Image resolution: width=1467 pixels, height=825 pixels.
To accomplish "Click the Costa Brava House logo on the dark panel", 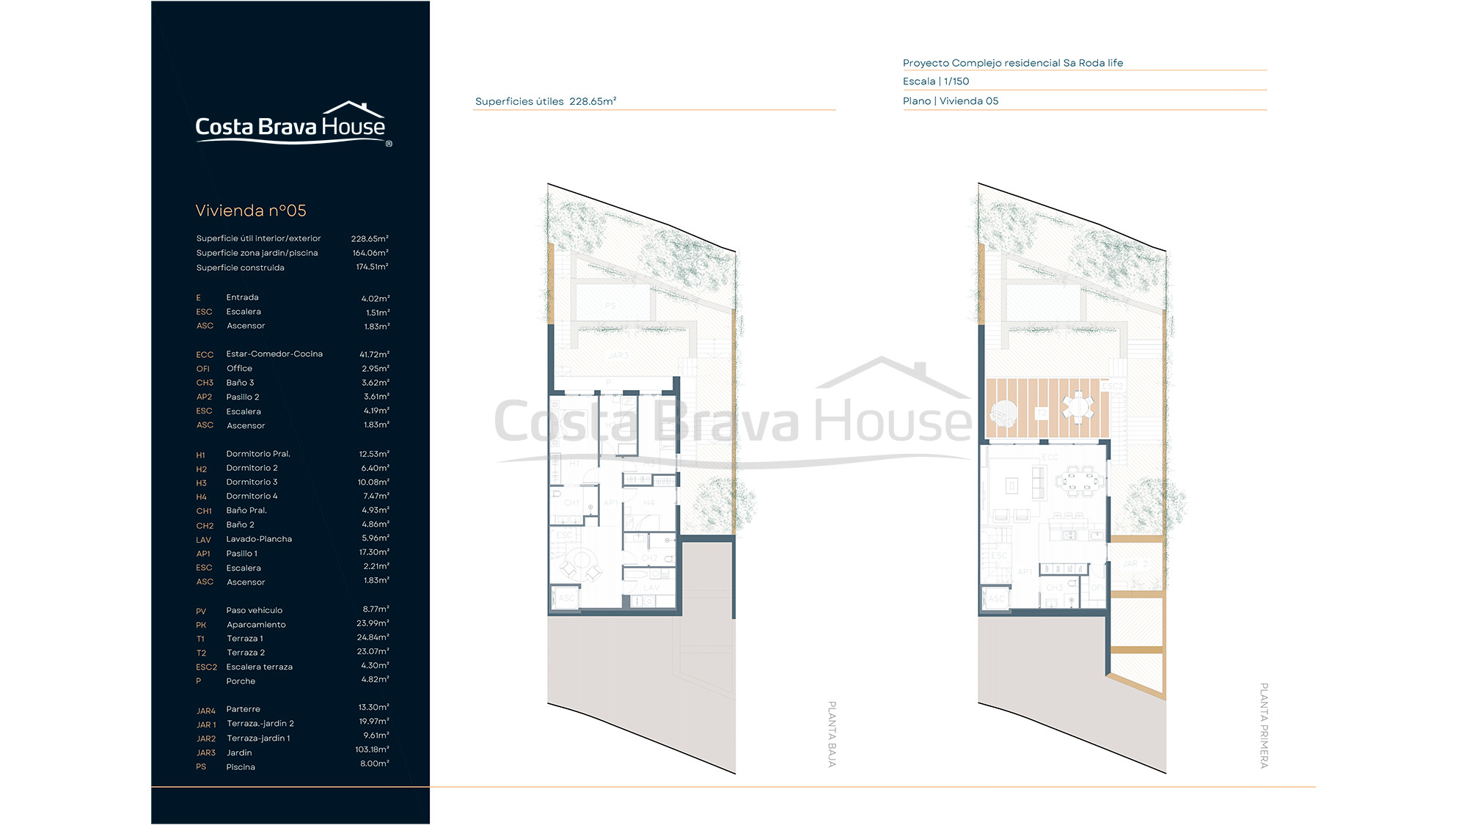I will coord(291,125).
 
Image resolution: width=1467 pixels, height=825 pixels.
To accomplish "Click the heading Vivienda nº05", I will coord(251,211).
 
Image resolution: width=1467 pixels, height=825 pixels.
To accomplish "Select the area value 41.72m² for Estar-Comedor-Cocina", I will coord(374,354).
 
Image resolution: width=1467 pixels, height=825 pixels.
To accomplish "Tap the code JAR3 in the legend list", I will coord(205,753).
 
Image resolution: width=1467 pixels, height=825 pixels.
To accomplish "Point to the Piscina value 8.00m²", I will coord(374,763).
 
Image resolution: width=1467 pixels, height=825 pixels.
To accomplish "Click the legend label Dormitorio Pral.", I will coord(258,454).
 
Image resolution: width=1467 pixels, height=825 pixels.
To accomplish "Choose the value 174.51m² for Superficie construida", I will coord(372,267).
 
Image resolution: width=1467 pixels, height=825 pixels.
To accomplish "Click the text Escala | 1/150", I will coord(936,81).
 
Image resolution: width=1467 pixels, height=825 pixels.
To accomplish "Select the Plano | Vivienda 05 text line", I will coord(951,101).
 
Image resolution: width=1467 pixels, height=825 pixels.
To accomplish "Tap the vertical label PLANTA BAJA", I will coord(832,734).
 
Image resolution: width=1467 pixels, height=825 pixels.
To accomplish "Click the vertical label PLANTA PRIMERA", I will coord(1264,725).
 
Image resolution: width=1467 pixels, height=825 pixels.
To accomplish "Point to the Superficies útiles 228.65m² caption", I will coord(546,101).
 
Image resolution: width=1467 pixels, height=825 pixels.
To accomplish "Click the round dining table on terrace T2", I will coord(1078,407).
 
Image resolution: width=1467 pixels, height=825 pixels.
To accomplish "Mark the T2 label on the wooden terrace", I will coord(1042,414).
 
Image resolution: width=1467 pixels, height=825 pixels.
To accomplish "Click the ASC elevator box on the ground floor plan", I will coord(566,598).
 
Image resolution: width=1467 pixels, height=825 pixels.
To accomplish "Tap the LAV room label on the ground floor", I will coord(651,587).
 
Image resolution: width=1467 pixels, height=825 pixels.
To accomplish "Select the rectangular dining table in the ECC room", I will coord(1079,482).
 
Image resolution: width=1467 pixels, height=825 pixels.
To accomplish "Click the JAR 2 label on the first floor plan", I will coord(1135,564).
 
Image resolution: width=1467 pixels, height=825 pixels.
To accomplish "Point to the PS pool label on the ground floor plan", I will coord(610,306).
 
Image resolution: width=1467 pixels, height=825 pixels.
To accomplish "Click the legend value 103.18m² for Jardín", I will coord(372,749).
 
